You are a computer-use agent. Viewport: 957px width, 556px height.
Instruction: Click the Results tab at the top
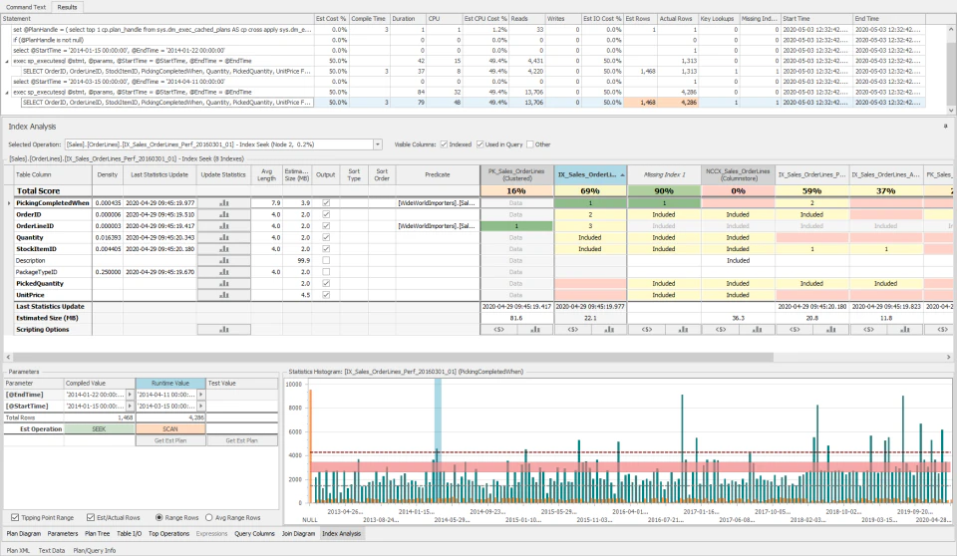point(68,6)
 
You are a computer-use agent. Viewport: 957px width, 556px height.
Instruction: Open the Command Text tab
point(26,6)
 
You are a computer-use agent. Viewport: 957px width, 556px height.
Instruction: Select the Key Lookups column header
point(718,19)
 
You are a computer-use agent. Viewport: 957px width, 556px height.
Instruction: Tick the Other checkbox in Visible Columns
point(531,144)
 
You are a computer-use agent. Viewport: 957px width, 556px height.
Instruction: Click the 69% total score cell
point(590,190)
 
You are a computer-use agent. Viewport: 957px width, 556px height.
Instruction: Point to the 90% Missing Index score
point(664,190)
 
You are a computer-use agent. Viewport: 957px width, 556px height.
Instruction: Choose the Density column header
point(108,174)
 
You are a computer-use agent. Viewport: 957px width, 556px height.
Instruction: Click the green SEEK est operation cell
point(100,429)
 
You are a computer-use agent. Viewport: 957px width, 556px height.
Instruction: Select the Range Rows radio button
point(160,517)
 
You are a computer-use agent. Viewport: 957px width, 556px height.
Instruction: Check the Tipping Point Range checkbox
point(14,517)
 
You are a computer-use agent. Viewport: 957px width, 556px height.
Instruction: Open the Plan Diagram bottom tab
point(23,534)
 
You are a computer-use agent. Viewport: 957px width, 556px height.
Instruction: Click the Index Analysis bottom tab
point(341,534)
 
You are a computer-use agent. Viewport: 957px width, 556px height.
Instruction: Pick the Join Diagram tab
point(297,534)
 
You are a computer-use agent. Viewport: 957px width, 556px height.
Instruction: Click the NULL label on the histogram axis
point(310,520)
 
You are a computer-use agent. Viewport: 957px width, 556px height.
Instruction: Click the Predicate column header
point(437,174)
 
